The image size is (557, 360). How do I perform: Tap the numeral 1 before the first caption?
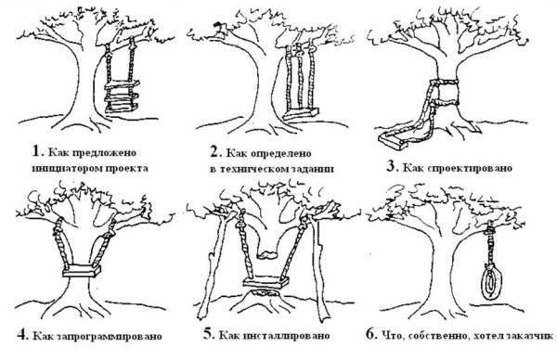click(36, 151)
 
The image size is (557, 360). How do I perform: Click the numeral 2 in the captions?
click(215, 152)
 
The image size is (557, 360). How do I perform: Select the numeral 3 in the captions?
click(391, 166)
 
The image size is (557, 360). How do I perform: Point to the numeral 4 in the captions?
click(22, 334)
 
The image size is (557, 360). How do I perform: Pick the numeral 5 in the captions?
click(208, 334)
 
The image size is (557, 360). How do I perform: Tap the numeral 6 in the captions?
click(370, 334)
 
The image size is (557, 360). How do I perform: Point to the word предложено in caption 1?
click(104, 153)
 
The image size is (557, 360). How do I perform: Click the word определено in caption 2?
click(281, 154)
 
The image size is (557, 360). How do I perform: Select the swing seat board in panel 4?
click(82, 271)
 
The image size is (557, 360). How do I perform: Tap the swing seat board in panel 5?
click(266, 282)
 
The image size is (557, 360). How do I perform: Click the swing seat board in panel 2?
click(300, 114)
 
